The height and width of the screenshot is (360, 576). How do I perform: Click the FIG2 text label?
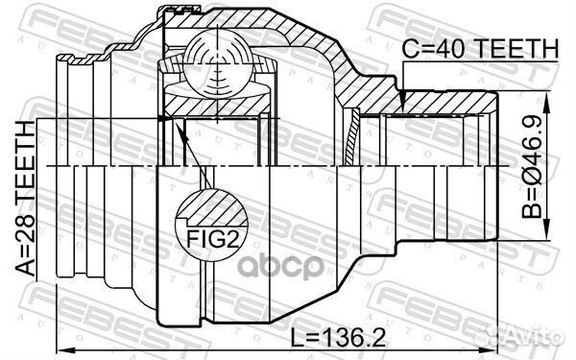[x=213, y=239]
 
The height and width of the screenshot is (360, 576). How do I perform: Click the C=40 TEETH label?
[x=480, y=49]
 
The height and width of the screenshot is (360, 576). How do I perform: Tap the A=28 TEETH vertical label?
[x=26, y=199]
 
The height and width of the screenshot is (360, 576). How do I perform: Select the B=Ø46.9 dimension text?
[x=532, y=166]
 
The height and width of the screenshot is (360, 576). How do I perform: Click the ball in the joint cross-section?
[x=218, y=63]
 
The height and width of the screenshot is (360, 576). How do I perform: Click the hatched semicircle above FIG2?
[x=212, y=208]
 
